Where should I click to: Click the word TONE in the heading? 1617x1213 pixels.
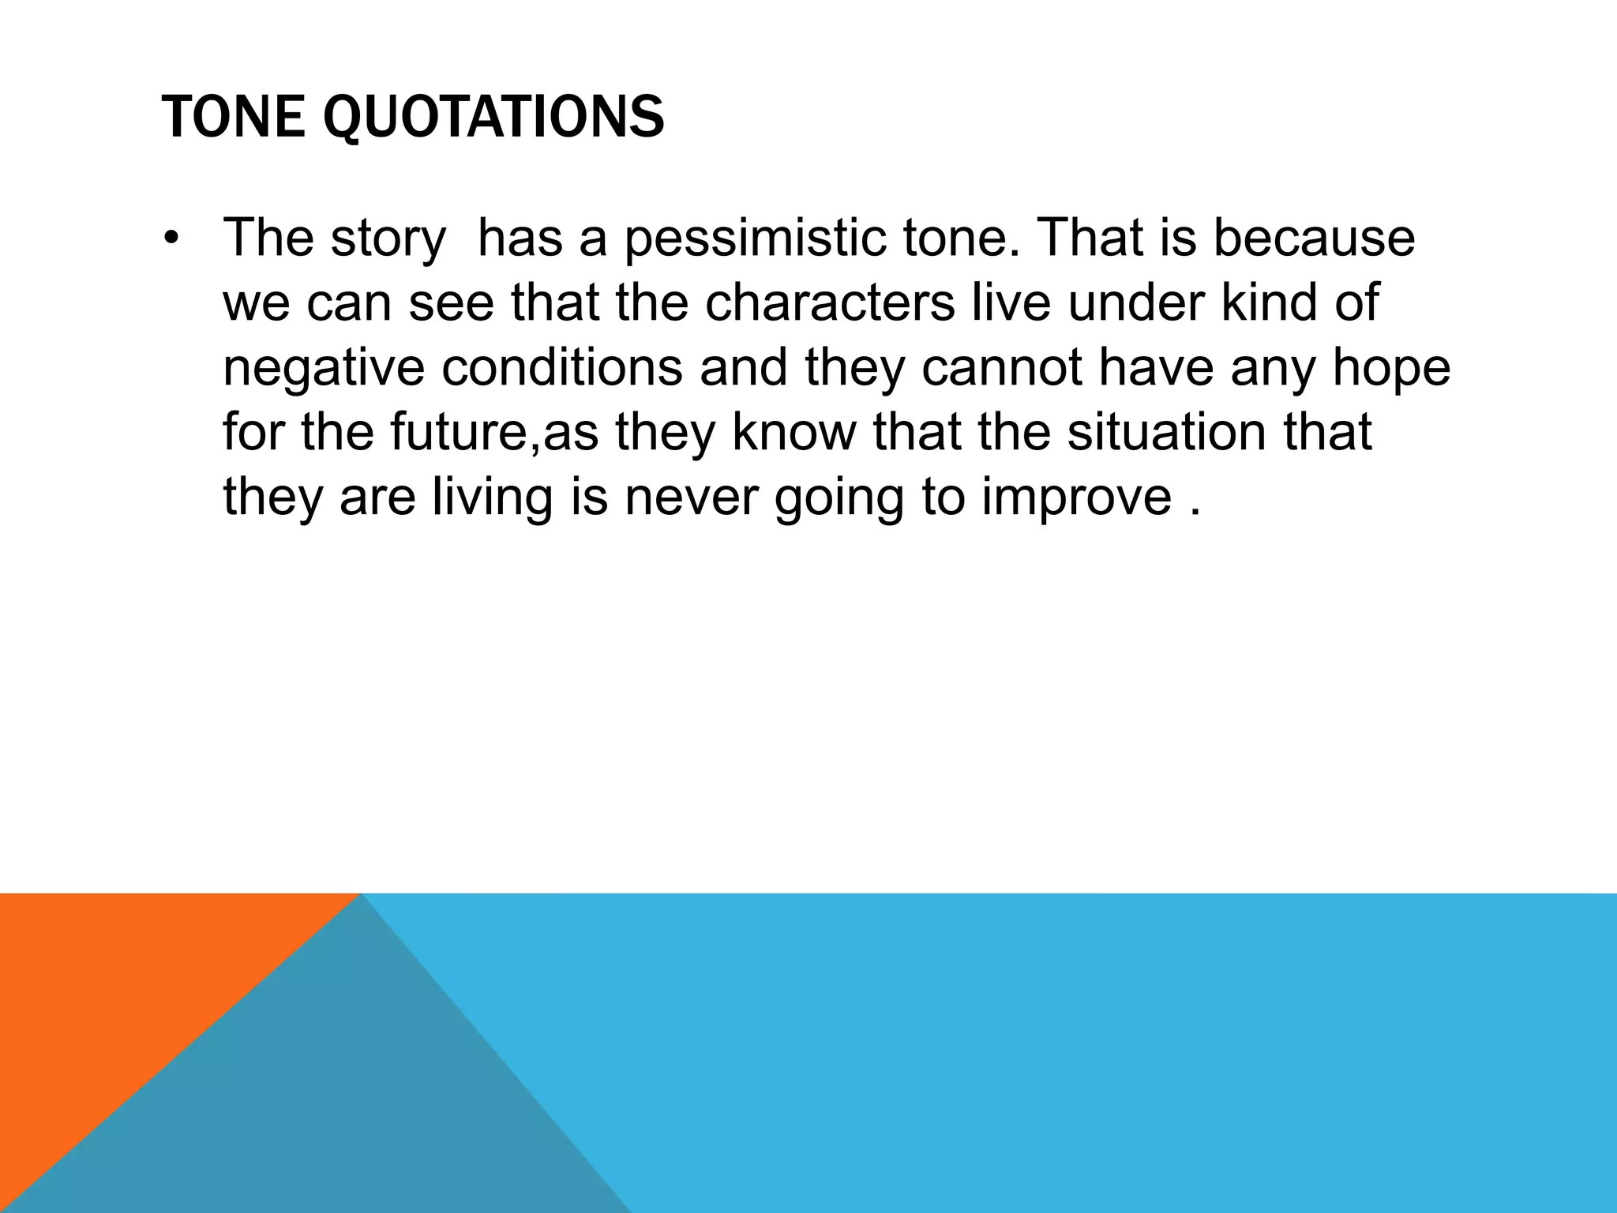point(234,117)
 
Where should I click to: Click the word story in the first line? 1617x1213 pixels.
point(388,239)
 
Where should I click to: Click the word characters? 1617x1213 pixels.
point(829,302)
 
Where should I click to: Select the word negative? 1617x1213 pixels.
point(324,368)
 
